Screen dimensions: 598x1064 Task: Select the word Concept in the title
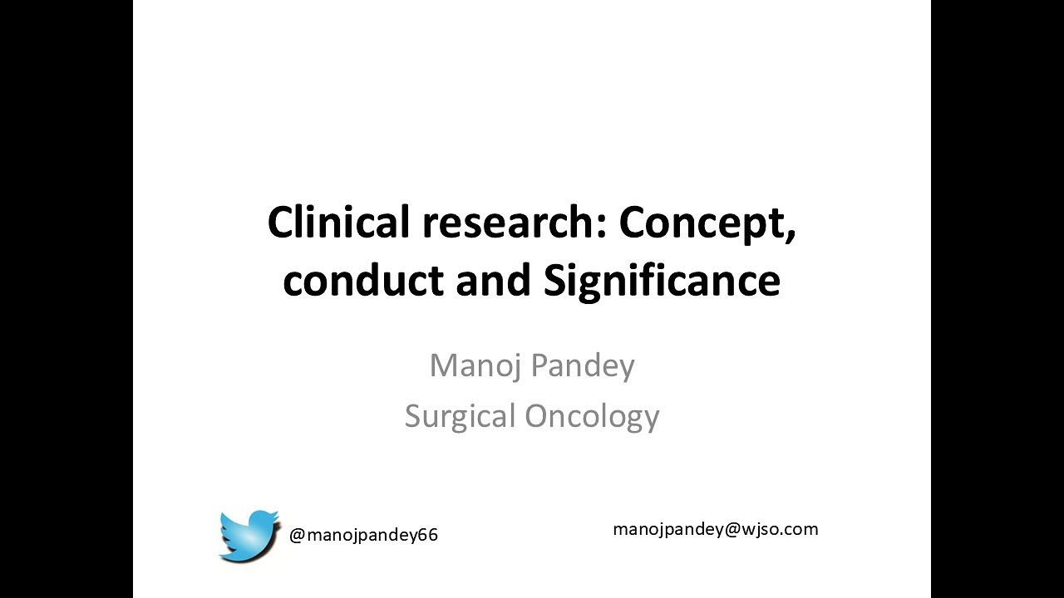(x=702, y=223)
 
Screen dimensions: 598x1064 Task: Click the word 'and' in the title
(x=495, y=281)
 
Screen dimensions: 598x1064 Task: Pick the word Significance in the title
(x=663, y=281)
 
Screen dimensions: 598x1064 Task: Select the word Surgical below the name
(x=461, y=415)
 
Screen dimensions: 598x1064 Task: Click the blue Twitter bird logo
(x=249, y=536)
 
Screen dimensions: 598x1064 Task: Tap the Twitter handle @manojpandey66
(x=363, y=536)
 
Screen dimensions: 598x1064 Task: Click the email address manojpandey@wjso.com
(x=715, y=529)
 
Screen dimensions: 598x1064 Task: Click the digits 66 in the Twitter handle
(x=427, y=536)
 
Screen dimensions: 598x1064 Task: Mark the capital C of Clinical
(x=280, y=223)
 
